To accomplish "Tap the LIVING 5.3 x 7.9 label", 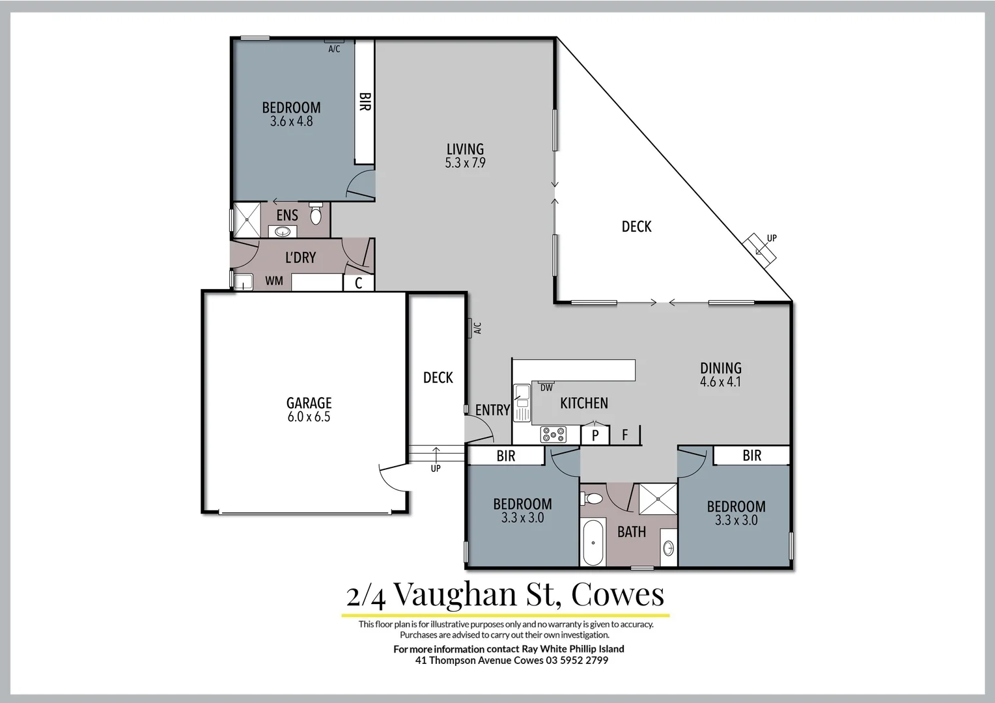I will (x=465, y=156).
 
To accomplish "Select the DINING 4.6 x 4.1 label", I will (x=720, y=374).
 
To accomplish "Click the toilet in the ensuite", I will (x=316, y=214).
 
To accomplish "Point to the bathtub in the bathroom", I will (x=593, y=542).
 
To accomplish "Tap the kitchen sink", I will (x=522, y=403).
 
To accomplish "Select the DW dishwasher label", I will (x=546, y=388).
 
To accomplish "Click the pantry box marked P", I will (x=595, y=435).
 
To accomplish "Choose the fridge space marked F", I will (x=625, y=435).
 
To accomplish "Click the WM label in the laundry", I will (x=274, y=281).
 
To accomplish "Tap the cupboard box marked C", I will (x=358, y=283).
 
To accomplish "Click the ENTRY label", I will (x=492, y=410).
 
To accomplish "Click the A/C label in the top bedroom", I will (x=334, y=49).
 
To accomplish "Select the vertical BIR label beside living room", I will (x=365, y=102).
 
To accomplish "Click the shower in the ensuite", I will (x=247, y=219).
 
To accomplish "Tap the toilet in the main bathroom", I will (x=592, y=499).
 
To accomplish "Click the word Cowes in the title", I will (x=617, y=594).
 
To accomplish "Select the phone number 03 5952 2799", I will (x=577, y=660).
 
